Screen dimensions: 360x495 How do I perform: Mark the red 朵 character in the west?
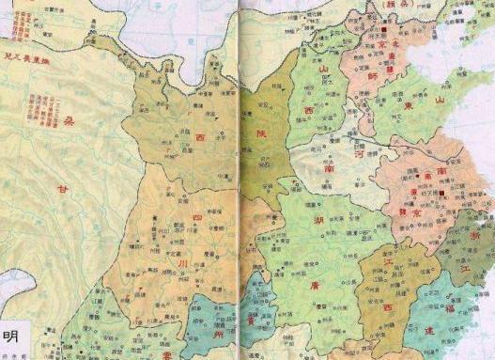[x=73, y=123]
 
